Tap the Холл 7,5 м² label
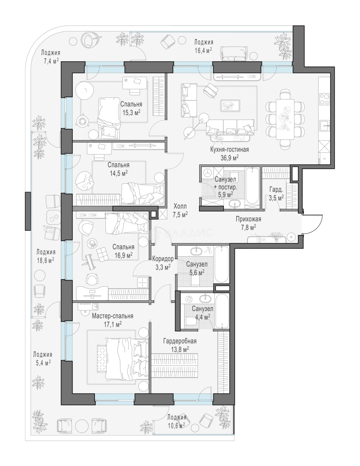181,210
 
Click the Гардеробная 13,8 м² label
180,345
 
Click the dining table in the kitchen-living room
285,119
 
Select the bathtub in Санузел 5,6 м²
221,265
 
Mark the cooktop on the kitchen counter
324,99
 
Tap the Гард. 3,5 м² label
276,194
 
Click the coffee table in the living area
231,106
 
